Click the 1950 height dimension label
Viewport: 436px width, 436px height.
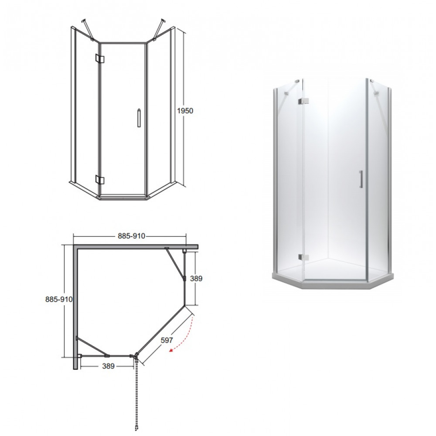[x=185, y=111]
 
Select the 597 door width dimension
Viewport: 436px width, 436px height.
[x=167, y=340]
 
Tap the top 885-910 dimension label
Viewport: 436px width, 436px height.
[x=132, y=236]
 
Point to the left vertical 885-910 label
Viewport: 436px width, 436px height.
[x=59, y=299]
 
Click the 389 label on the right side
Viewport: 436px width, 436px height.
[x=196, y=278]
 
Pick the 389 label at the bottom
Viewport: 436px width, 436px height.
[x=109, y=366]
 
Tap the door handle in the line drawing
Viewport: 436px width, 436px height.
[x=139, y=118]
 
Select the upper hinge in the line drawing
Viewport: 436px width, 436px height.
[x=99, y=58]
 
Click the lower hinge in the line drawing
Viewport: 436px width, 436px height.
[x=99, y=180]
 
